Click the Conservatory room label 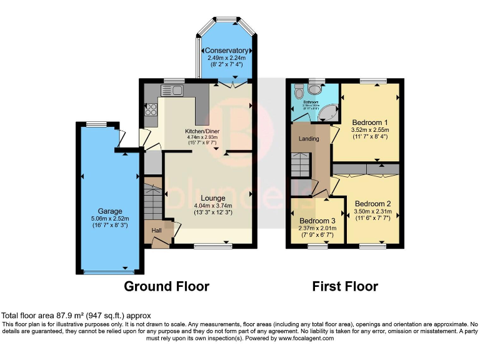click(x=227, y=51)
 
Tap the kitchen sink click(x=174, y=91)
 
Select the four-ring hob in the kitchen click(x=151, y=110)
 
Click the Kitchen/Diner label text click(x=201, y=131)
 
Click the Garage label click(x=109, y=211)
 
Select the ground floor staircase click(x=153, y=199)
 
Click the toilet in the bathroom click(x=299, y=91)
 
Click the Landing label click(x=309, y=139)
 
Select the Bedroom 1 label click(x=370, y=122)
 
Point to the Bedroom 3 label click(x=317, y=221)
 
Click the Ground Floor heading click(x=166, y=286)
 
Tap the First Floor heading click(x=345, y=286)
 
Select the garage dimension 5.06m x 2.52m click(x=109, y=219)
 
